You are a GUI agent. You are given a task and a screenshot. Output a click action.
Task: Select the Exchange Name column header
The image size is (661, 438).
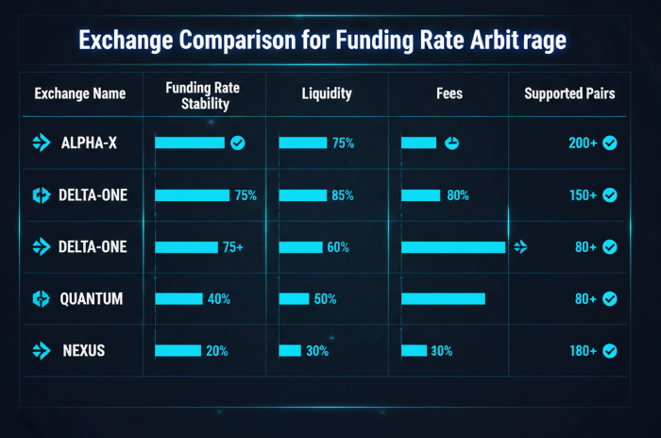[x=79, y=94]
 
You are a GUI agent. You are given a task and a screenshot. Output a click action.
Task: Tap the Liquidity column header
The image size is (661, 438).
[x=327, y=94]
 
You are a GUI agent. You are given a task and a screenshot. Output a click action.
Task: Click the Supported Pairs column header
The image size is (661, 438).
[x=569, y=94]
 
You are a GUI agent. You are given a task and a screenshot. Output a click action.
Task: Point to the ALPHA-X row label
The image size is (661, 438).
[x=88, y=143]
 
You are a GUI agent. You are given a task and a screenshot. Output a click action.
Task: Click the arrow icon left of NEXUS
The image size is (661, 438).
[x=41, y=351]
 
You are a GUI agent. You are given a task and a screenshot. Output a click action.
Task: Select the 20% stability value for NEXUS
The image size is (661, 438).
[x=217, y=351]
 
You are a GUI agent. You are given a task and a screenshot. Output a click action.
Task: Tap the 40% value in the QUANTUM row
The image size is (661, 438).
[x=218, y=299]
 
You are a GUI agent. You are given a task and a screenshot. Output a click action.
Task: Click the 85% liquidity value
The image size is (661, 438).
[x=343, y=195]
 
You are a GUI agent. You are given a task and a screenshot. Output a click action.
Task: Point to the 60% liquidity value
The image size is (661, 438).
[x=337, y=247]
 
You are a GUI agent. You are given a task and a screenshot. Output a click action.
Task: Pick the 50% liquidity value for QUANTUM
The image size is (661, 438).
[x=325, y=299]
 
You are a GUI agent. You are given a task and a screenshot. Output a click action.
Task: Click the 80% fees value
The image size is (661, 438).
[x=458, y=195]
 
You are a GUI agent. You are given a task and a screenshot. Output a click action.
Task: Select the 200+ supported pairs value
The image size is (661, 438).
[x=582, y=143]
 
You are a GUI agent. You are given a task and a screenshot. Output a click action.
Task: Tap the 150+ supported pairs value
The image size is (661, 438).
[x=582, y=195]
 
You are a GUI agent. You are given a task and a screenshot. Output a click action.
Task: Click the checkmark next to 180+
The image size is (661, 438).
[x=610, y=351]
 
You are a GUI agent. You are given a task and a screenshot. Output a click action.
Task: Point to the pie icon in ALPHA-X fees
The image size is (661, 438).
[x=452, y=143]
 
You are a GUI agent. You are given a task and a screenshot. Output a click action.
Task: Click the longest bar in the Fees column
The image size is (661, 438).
[x=453, y=247]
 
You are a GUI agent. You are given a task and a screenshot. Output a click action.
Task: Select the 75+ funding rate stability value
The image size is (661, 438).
[x=232, y=247]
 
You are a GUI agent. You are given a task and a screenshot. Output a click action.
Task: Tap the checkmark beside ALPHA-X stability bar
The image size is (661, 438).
[x=238, y=143]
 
